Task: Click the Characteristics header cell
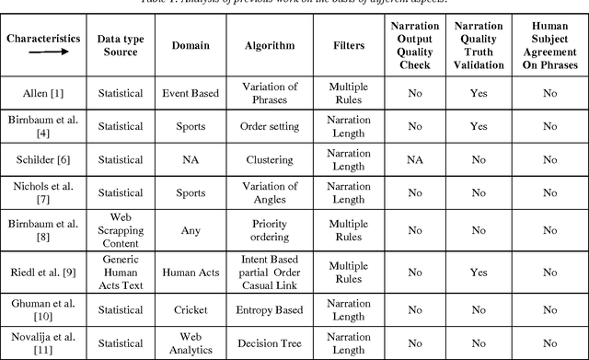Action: [41, 40]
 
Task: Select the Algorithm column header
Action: [269, 45]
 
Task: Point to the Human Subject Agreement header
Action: [549, 45]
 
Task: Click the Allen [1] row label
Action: [41, 93]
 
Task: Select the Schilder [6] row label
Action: [41, 159]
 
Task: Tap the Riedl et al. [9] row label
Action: [41, 272]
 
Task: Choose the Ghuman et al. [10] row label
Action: [41, 309]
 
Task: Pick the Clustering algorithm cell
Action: [269, 159]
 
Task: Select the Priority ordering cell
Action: [269, 231]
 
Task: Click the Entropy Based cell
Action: [269, 309]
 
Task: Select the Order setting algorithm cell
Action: [269, 126]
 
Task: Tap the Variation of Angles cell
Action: [269, 193]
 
